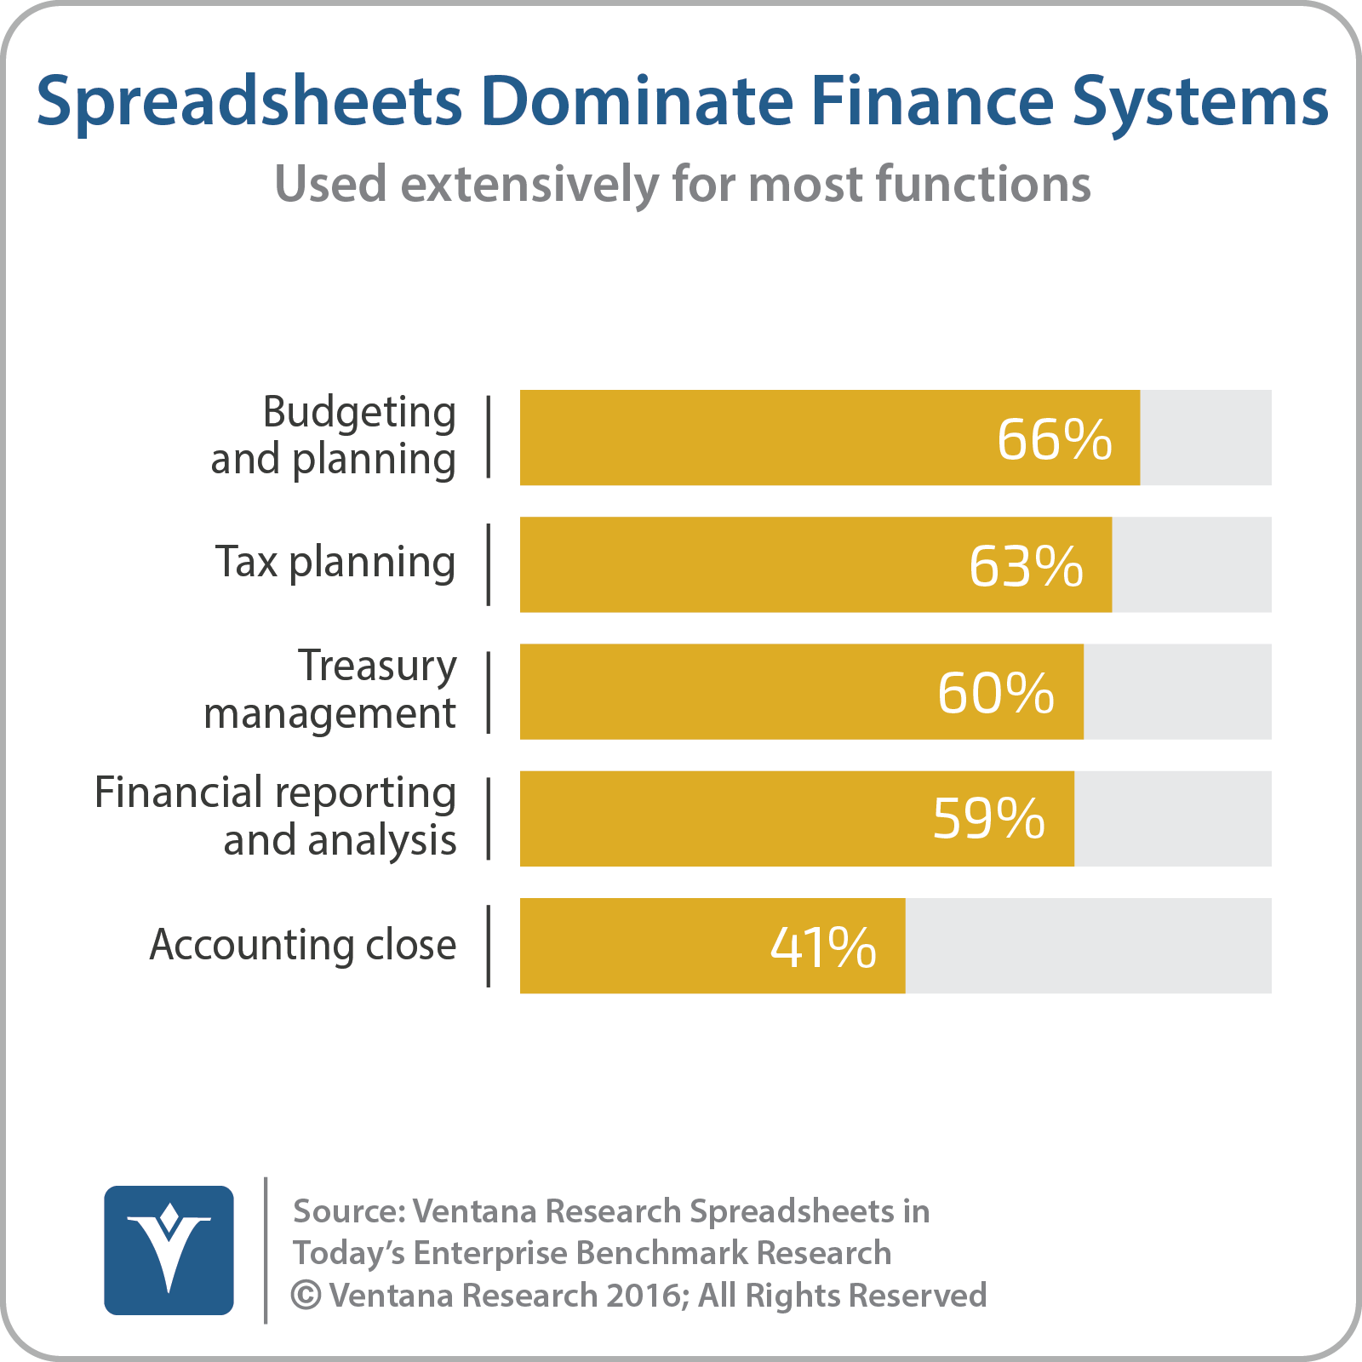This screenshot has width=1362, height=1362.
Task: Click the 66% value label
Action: point(1055,439)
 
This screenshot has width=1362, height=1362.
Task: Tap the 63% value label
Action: point(1027,566)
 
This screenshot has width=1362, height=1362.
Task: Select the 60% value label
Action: point(996,693)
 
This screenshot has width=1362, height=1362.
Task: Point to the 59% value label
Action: point(989,819)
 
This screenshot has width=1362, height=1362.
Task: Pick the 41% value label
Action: point(823,947)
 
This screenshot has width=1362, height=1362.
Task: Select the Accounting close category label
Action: point(303,945)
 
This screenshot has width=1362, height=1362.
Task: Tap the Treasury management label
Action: point(330,690)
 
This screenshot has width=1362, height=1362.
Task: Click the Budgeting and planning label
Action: point(334,436)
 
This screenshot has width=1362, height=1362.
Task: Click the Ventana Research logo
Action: point(169,1250)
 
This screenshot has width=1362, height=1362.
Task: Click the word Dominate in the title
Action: point(637,100)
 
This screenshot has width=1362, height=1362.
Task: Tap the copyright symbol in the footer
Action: point(306,1296)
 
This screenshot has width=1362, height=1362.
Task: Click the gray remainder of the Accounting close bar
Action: point(1089,946)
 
